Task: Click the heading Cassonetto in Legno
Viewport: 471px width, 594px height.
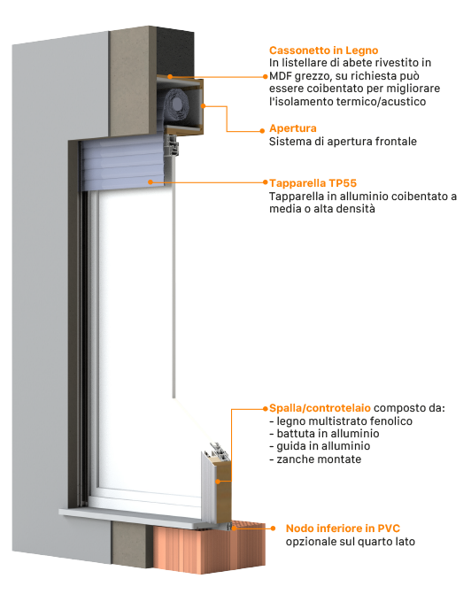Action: [324, 50]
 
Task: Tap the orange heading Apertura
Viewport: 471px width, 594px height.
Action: [292, 128]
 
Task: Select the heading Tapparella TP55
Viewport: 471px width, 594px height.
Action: [313, 183]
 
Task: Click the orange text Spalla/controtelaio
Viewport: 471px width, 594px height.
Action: [320, 408]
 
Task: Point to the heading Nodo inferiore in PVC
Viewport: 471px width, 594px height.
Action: [343, 528]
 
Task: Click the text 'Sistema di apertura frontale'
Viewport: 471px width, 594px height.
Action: [343, 142]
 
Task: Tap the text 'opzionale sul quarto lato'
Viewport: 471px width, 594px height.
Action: [350, 542]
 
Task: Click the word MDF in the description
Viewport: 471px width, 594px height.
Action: [281, 76]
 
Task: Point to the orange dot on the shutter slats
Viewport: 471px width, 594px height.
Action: [151, 182]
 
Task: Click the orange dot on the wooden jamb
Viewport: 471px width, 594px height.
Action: [218, 482]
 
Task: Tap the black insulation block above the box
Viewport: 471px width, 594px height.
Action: [175, 51]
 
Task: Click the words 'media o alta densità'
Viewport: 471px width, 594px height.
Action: [322, 209]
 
